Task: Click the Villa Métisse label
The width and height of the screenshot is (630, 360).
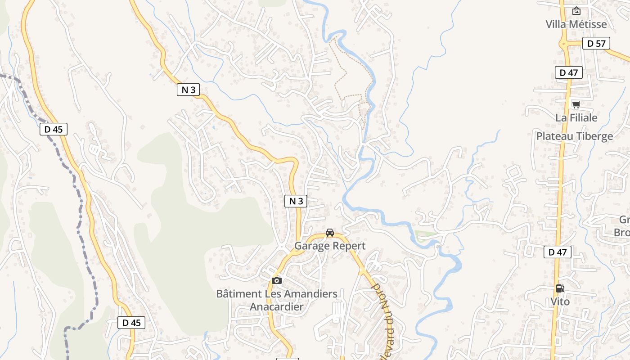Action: pyautogui.click(x=576, y=24)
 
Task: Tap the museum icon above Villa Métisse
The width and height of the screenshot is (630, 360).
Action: pyautogui.click(x=576, y=11)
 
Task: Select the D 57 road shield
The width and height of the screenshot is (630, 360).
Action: pyautogui.click(x=596, y=43)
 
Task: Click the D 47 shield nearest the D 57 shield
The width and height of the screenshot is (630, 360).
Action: pyautogui.click(x=569, y=72)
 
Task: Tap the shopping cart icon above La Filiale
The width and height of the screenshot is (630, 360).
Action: pyautogui.click(x=576, y=104)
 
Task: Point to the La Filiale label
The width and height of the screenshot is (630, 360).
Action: pyautogui.click(x=576, y=118)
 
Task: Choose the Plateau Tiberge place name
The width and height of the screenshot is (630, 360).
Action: pyautogui.click(x=575, y=136)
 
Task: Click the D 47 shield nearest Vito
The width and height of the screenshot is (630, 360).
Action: pyautogui.click(x=558, y=252)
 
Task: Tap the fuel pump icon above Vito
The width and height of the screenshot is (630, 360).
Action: pyautogui.click(x=560, y=288)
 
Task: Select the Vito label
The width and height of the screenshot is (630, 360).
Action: pyautogui.click(x=560, y=301)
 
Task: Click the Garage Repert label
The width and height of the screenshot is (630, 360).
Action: pyautogui.click(x=330, y=246)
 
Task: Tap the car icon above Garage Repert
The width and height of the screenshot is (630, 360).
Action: pyautogui.click(x=330, y=233)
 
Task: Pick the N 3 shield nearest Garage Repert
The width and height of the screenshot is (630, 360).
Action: pyautogui.click(x=296, y=201)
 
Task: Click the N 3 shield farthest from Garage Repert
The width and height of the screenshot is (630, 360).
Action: pyautogui.click(x=188, y=90)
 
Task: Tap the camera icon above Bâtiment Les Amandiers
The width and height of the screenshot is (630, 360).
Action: pyautogui.click(x=276, y=280)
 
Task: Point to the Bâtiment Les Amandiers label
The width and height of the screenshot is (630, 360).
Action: pyautogui.click(x=277, y=294)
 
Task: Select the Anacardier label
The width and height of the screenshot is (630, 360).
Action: pyautogui.click(x=277, y=307)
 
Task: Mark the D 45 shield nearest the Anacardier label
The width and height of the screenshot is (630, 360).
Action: pyautogui.click(x=131, y=323)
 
